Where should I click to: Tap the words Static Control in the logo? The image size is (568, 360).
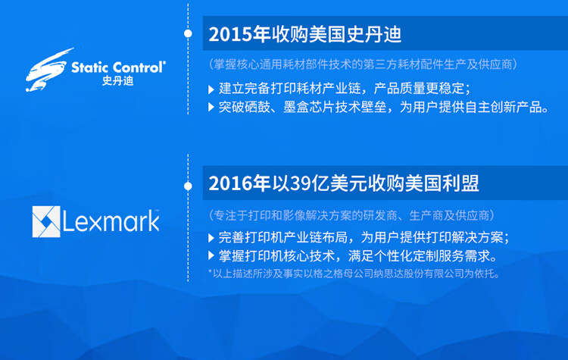click(117, 67)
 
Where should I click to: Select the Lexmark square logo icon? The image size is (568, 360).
click(45, 221)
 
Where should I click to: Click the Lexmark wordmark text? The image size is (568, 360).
click(111, 221)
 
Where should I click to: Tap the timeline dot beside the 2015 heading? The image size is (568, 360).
click(188, 34)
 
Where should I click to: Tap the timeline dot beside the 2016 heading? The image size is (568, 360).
click(188, 184)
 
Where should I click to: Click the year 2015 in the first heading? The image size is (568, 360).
click(227, 35)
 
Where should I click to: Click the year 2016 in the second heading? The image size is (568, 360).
click(227, 184)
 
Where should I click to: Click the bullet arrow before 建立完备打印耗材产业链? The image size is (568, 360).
click(211, 89)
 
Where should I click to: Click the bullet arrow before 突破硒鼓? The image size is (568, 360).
click(211, 107)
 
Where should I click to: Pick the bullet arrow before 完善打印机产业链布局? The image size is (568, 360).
click(211, 237)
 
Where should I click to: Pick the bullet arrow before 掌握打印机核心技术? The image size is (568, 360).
click(211, 255)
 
